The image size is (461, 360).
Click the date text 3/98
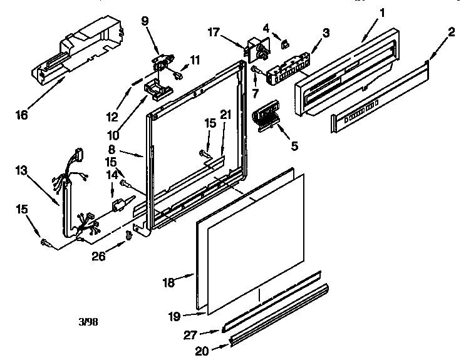tap(88, 323)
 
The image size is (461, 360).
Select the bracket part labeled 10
tap(157, 88)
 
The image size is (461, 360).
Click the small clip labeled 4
tap(285, 43)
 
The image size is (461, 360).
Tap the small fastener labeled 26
tap(129, 235)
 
